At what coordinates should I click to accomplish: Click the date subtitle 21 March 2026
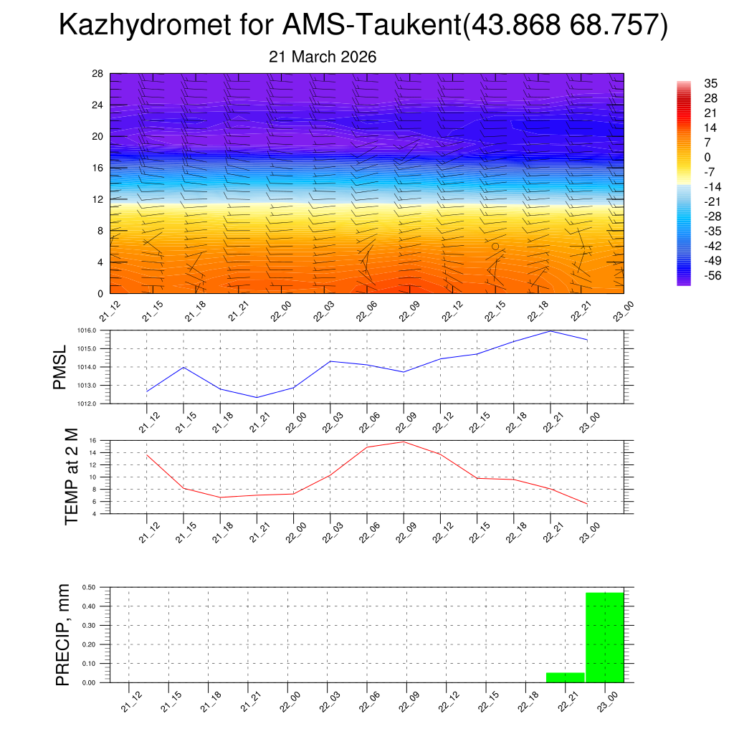(x=323, y=57)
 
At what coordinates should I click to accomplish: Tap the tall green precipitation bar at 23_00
(x=604, y=637)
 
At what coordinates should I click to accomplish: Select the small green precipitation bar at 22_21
(x=565, y=677)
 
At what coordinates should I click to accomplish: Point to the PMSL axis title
(x=59, y=368)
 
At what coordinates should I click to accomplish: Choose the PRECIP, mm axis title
(x=64, y=634)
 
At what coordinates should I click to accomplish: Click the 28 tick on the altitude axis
(x=97, y=74)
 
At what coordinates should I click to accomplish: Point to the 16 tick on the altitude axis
(x=97, y=168)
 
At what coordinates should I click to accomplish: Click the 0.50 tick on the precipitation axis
(x=89, y=587)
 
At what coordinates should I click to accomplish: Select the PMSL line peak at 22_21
(x=550, y=331)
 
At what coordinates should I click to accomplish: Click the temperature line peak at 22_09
(x=404, y=442)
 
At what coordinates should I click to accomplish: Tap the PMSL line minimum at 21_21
(x=257, y=397)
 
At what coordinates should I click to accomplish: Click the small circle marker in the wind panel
(x=495, y=246)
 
